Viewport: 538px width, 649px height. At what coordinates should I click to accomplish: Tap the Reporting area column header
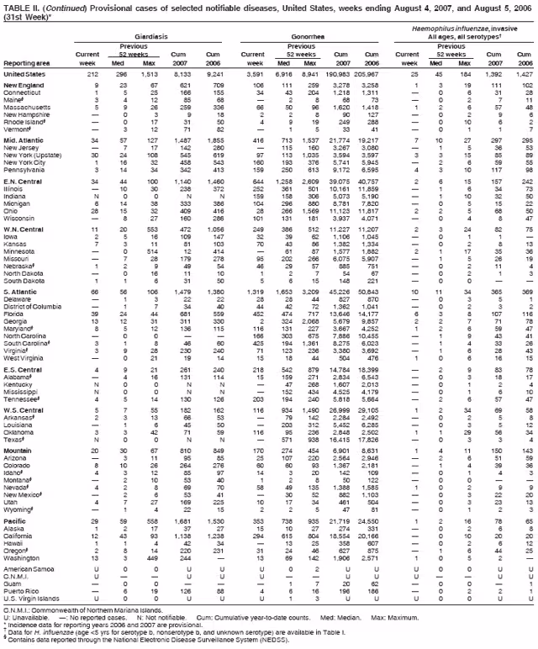[24, 62]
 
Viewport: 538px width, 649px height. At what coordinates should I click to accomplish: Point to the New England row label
[24, 86]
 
